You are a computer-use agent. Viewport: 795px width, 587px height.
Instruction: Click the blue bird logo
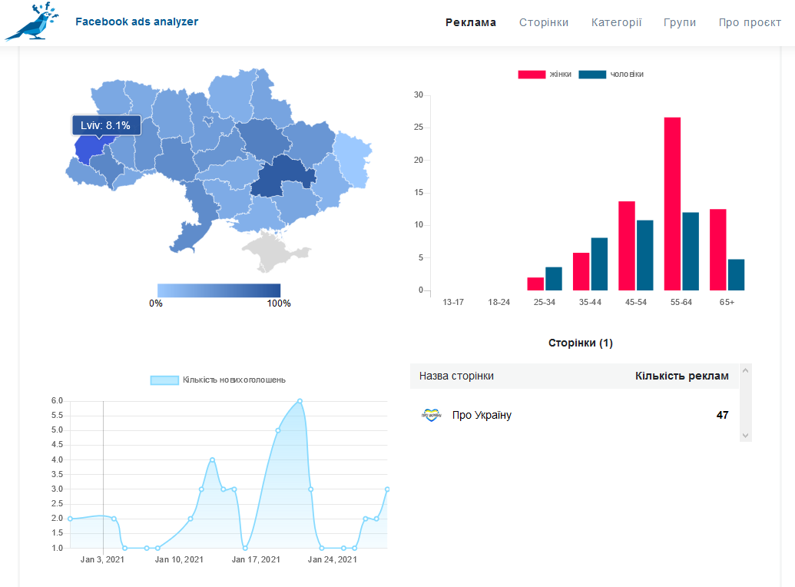tap(32, 22)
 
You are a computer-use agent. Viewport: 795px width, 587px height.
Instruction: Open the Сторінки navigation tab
tap(544, 22)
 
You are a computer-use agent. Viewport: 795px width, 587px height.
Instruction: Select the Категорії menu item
tap(616, 22)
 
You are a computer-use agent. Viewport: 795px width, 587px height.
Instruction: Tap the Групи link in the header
tap(680, 22)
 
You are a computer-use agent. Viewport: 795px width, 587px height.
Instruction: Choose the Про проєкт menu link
tap(750, 22)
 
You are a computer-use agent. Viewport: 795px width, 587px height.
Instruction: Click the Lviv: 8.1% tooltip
tap(106, 125)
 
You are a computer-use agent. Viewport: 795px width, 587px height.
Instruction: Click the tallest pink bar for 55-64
tap(672, 204)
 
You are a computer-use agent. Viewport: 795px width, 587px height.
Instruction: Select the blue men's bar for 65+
tap(736, 275)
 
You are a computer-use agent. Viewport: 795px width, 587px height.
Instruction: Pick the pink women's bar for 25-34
tap(535, 284)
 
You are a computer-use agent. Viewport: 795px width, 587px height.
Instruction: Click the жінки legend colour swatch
tap(532, 75)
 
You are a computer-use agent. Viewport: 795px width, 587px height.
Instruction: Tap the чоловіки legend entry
tap(611, 75)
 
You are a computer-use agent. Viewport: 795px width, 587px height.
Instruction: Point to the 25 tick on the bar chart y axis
tap(419, 128)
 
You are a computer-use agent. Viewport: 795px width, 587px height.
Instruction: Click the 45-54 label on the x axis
tap(636, 303)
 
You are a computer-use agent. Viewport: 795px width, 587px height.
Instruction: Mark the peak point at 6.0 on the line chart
tap(300, 401)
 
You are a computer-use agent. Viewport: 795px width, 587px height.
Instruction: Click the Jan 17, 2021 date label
tap(256, 559)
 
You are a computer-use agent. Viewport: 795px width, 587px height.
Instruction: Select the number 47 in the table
tap(723, 415)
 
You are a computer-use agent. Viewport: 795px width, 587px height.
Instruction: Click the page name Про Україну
tap(482, 415)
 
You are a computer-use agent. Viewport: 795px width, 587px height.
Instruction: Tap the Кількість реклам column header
tap(682, 376)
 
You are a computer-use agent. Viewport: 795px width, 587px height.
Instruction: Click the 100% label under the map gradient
tap(279, 303)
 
